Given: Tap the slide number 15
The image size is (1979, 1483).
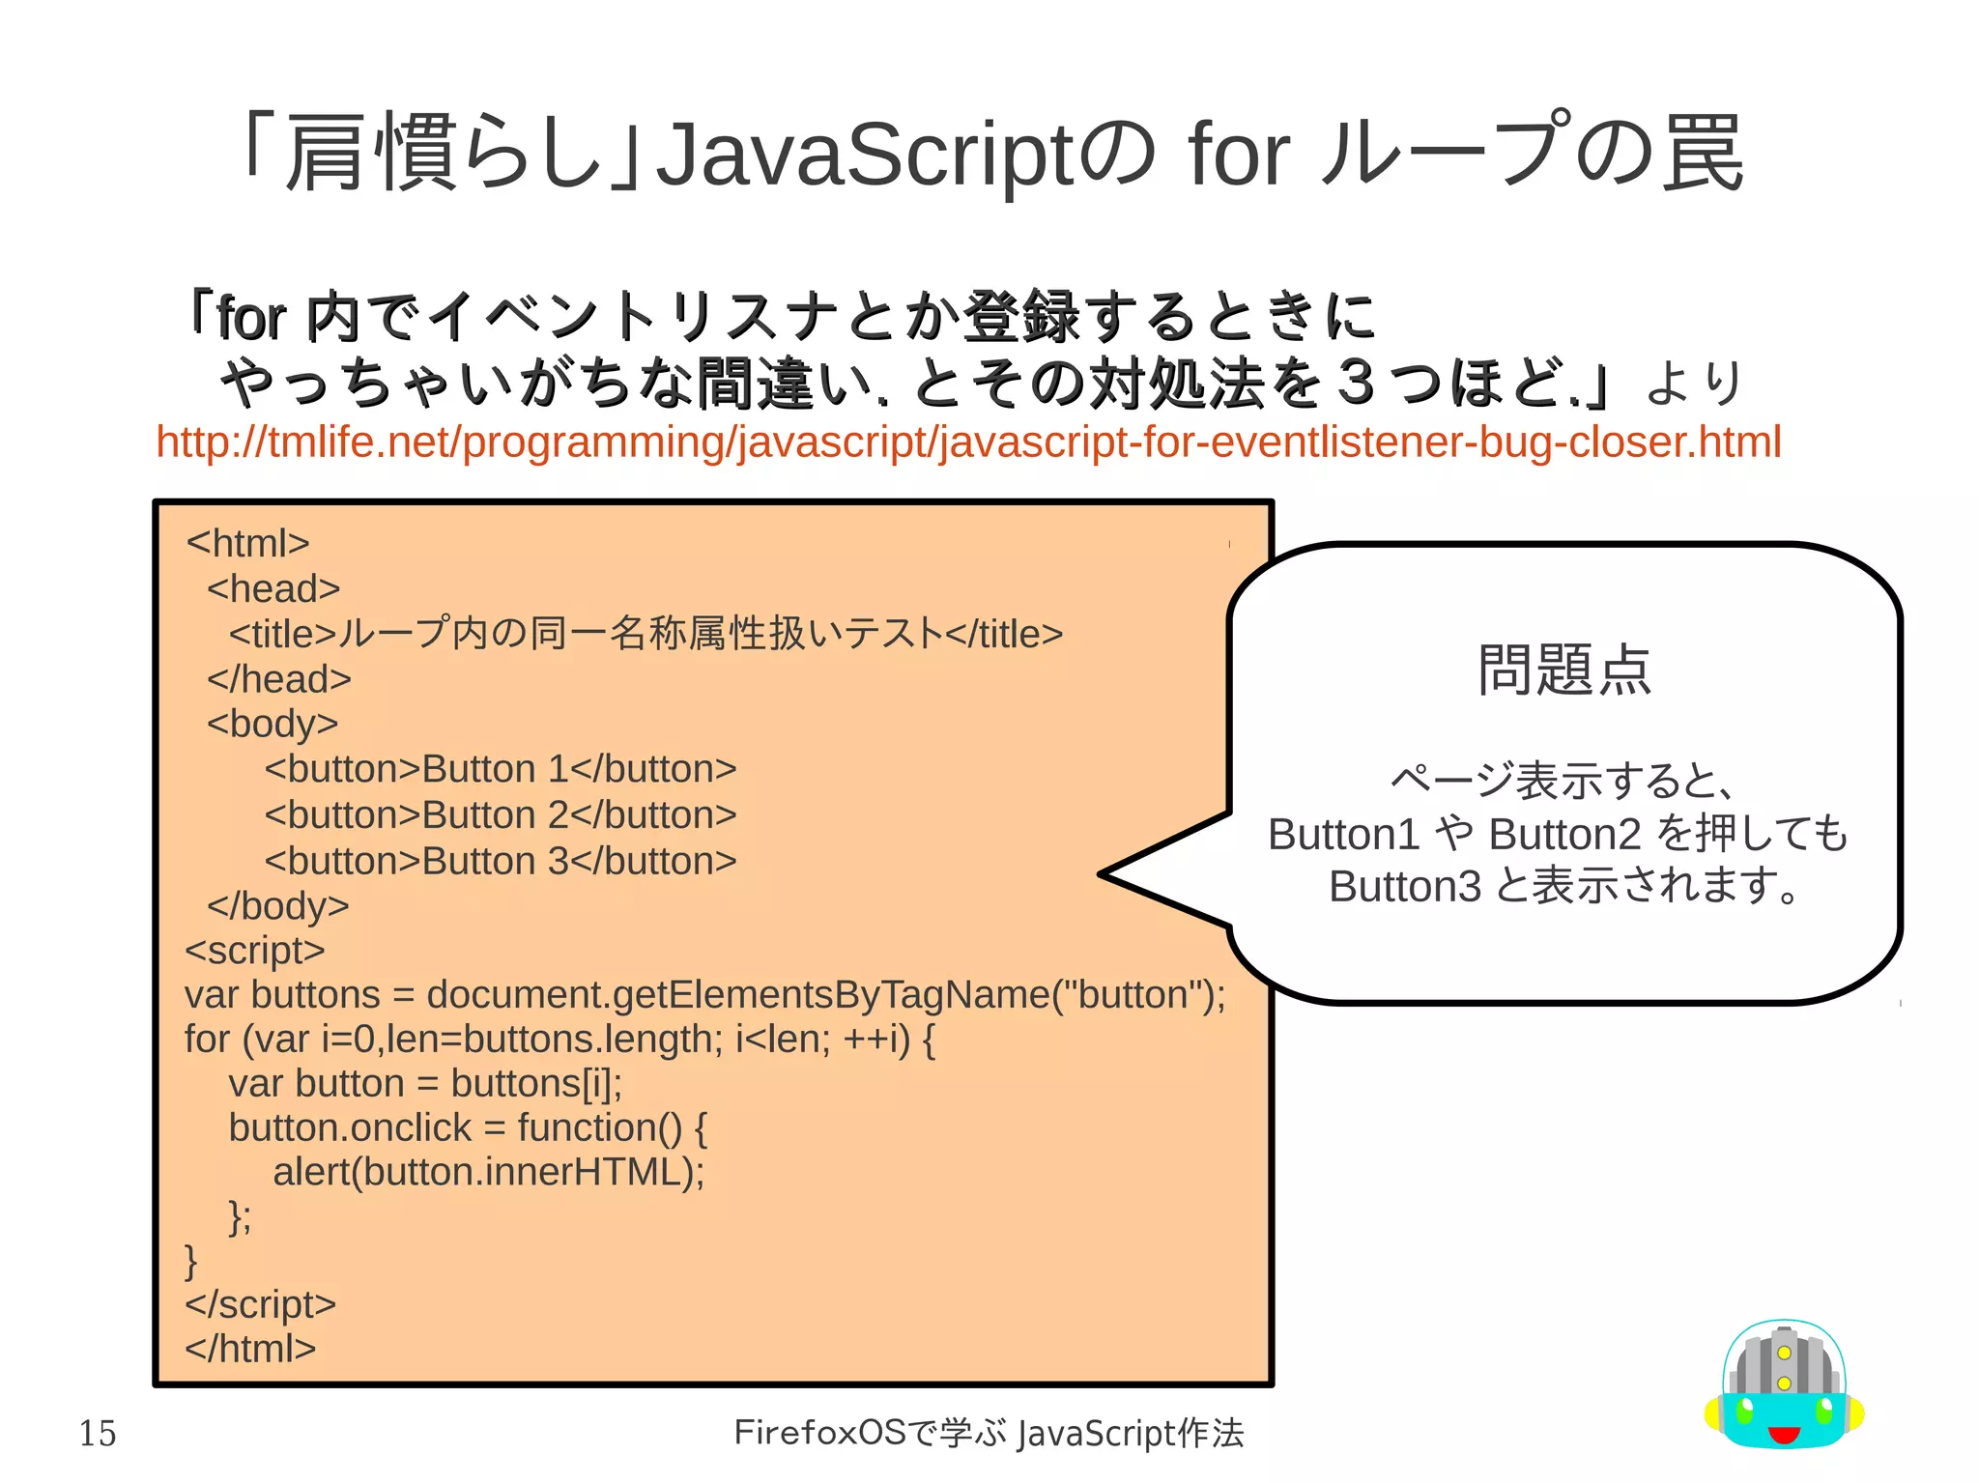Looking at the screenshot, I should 98,1433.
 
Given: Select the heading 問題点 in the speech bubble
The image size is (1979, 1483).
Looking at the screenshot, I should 1563,670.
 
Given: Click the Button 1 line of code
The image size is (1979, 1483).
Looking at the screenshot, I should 501,769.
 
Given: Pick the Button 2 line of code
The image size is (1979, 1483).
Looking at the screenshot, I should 501,815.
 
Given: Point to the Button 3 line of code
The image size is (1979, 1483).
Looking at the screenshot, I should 501,861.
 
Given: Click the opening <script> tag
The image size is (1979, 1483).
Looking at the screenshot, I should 255,951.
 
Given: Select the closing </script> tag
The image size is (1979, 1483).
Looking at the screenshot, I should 261,1304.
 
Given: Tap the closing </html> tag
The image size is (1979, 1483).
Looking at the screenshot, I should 251,1349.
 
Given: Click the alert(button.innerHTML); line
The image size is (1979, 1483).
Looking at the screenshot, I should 489,1172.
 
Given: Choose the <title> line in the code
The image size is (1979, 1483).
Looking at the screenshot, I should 645,635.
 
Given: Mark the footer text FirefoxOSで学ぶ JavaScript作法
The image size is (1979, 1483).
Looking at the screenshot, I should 989,1433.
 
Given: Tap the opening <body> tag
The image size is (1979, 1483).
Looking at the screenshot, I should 272,724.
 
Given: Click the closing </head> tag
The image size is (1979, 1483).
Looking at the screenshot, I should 279,679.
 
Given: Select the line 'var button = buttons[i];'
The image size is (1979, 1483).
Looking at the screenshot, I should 425,1084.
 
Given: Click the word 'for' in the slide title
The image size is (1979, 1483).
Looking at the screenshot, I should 1239,155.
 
